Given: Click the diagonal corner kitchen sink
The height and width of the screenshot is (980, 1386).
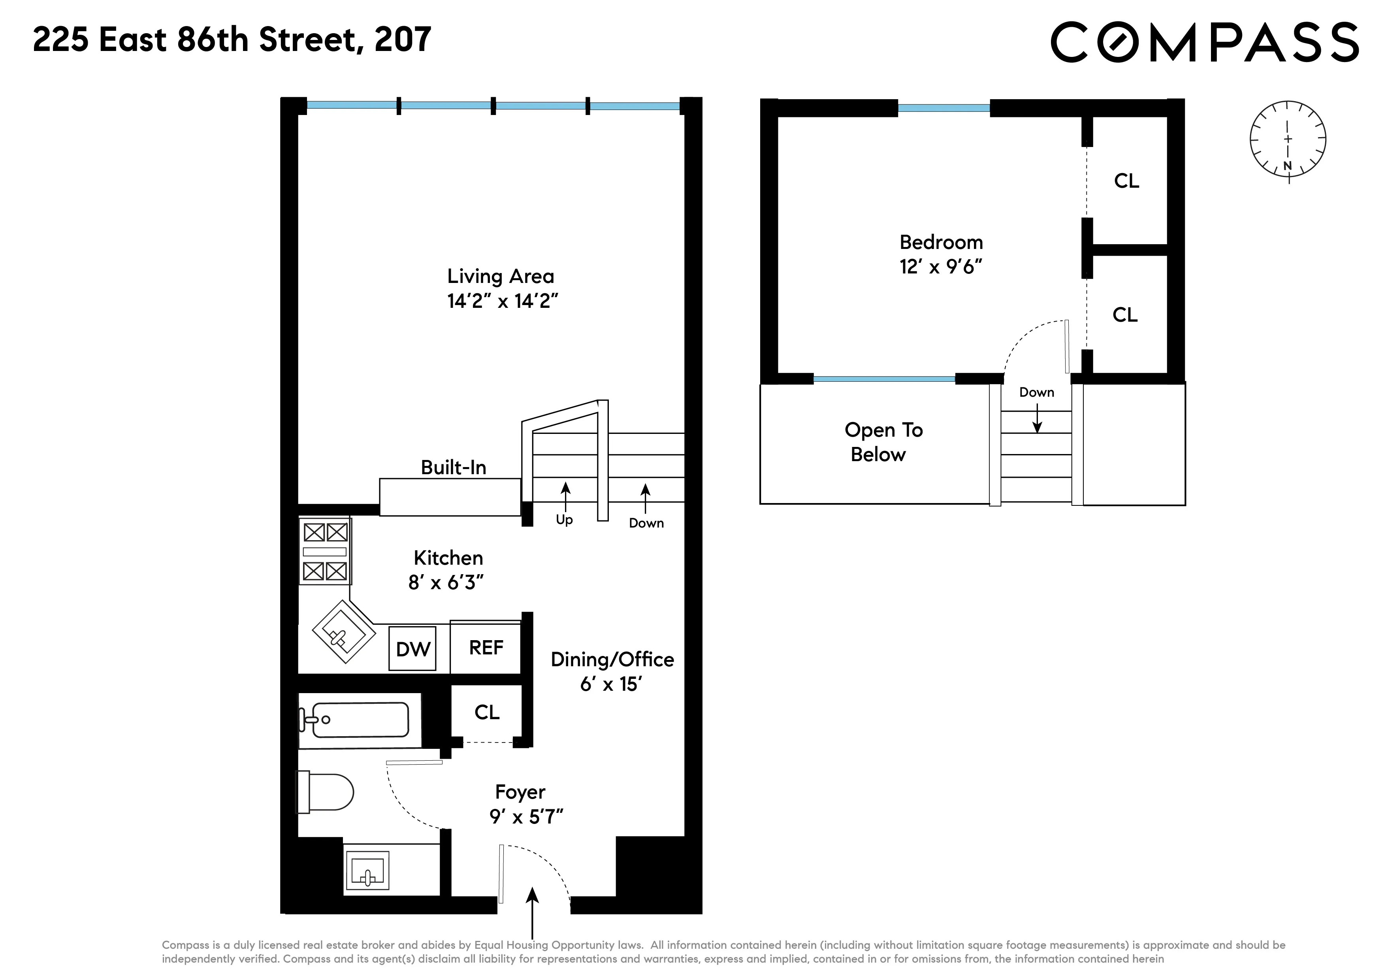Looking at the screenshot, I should [343, 631].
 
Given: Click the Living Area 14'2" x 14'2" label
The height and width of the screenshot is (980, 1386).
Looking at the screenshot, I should [501, 288].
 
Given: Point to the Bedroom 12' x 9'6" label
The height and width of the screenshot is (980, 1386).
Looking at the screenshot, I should [941, 254].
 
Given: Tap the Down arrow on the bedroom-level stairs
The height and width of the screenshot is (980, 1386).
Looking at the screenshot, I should [1037, 418].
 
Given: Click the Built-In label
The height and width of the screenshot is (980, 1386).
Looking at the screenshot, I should [453, 467].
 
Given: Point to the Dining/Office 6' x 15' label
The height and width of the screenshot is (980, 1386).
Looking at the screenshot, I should [612, 671].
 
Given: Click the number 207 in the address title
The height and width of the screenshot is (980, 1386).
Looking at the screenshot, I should [403, 40].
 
